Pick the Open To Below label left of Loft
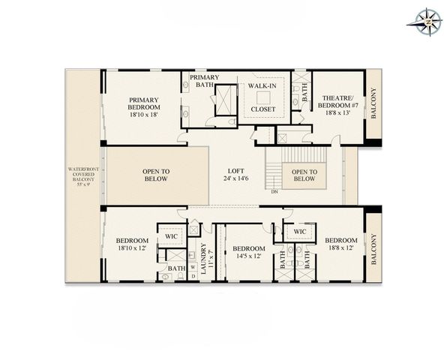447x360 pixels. pyautogui.click(x=155, y=175)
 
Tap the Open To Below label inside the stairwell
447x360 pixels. pyautogui.click(x=303, y=175)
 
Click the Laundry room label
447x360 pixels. pyautogui.click(x=202, y=256)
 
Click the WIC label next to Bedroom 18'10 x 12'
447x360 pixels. pyautogui.click(x=171, y=235)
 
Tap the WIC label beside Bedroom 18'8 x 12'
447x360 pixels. pyautogui.click(x=299, y=232)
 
